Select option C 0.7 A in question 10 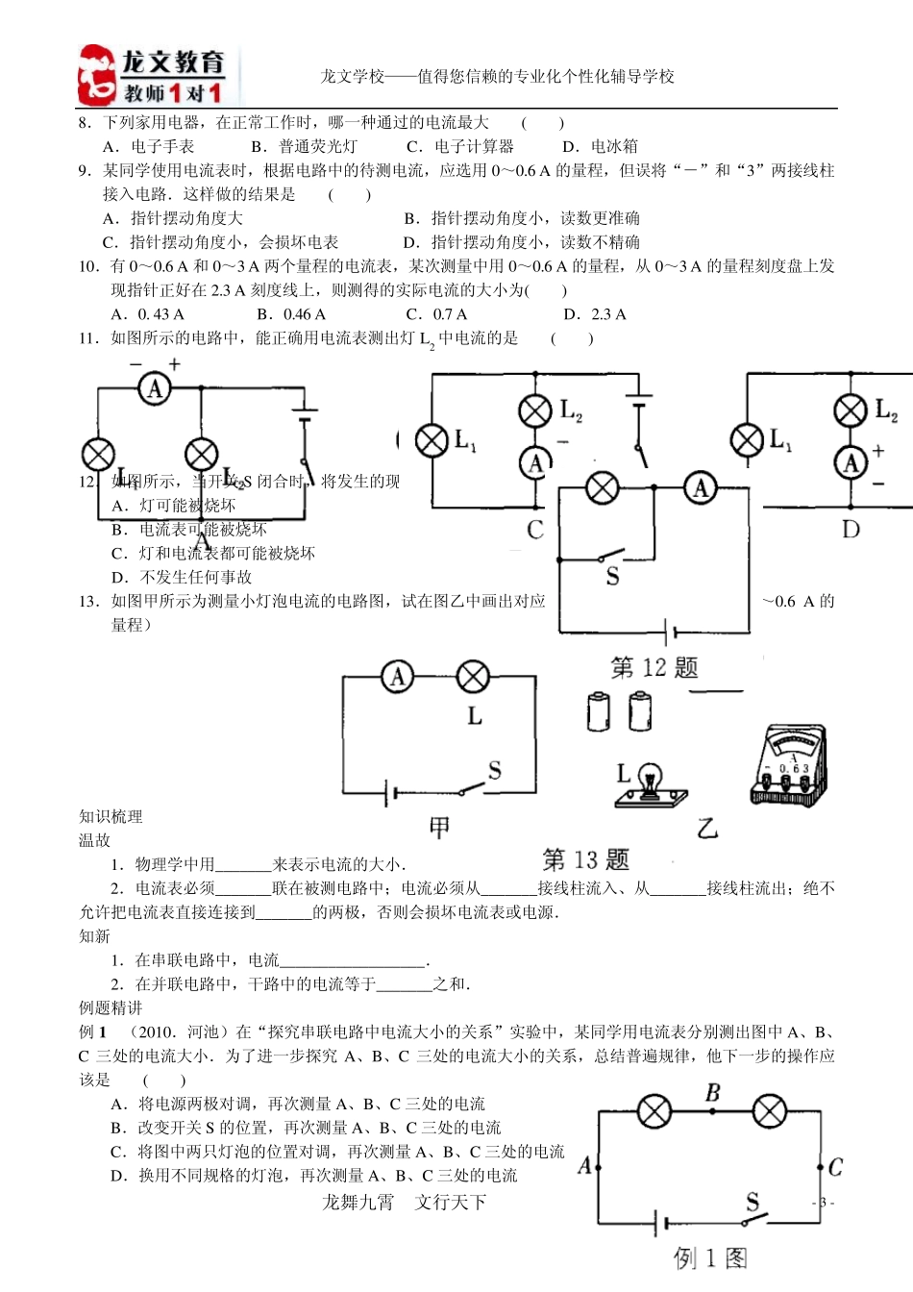click(437, 314)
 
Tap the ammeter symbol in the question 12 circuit click(701, 488)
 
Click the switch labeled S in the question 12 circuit click(608, 558)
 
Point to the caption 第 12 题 click(654, 668)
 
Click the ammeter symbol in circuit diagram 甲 click(397, 677)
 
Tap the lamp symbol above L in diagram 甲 click(473, 677)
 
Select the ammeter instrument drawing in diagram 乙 click(788, 765)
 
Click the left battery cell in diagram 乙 click(599, 712)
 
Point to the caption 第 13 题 click(585, 859)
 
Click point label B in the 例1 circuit click(712, 1093)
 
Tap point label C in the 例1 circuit click(835, 1167)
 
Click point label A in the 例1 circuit click(584, 1166)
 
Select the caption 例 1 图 click(710, 1257)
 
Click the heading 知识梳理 click(111, 816)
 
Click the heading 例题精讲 click(111, 1007)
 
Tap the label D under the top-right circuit click(851, 529)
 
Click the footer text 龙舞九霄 click(358, 1202)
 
